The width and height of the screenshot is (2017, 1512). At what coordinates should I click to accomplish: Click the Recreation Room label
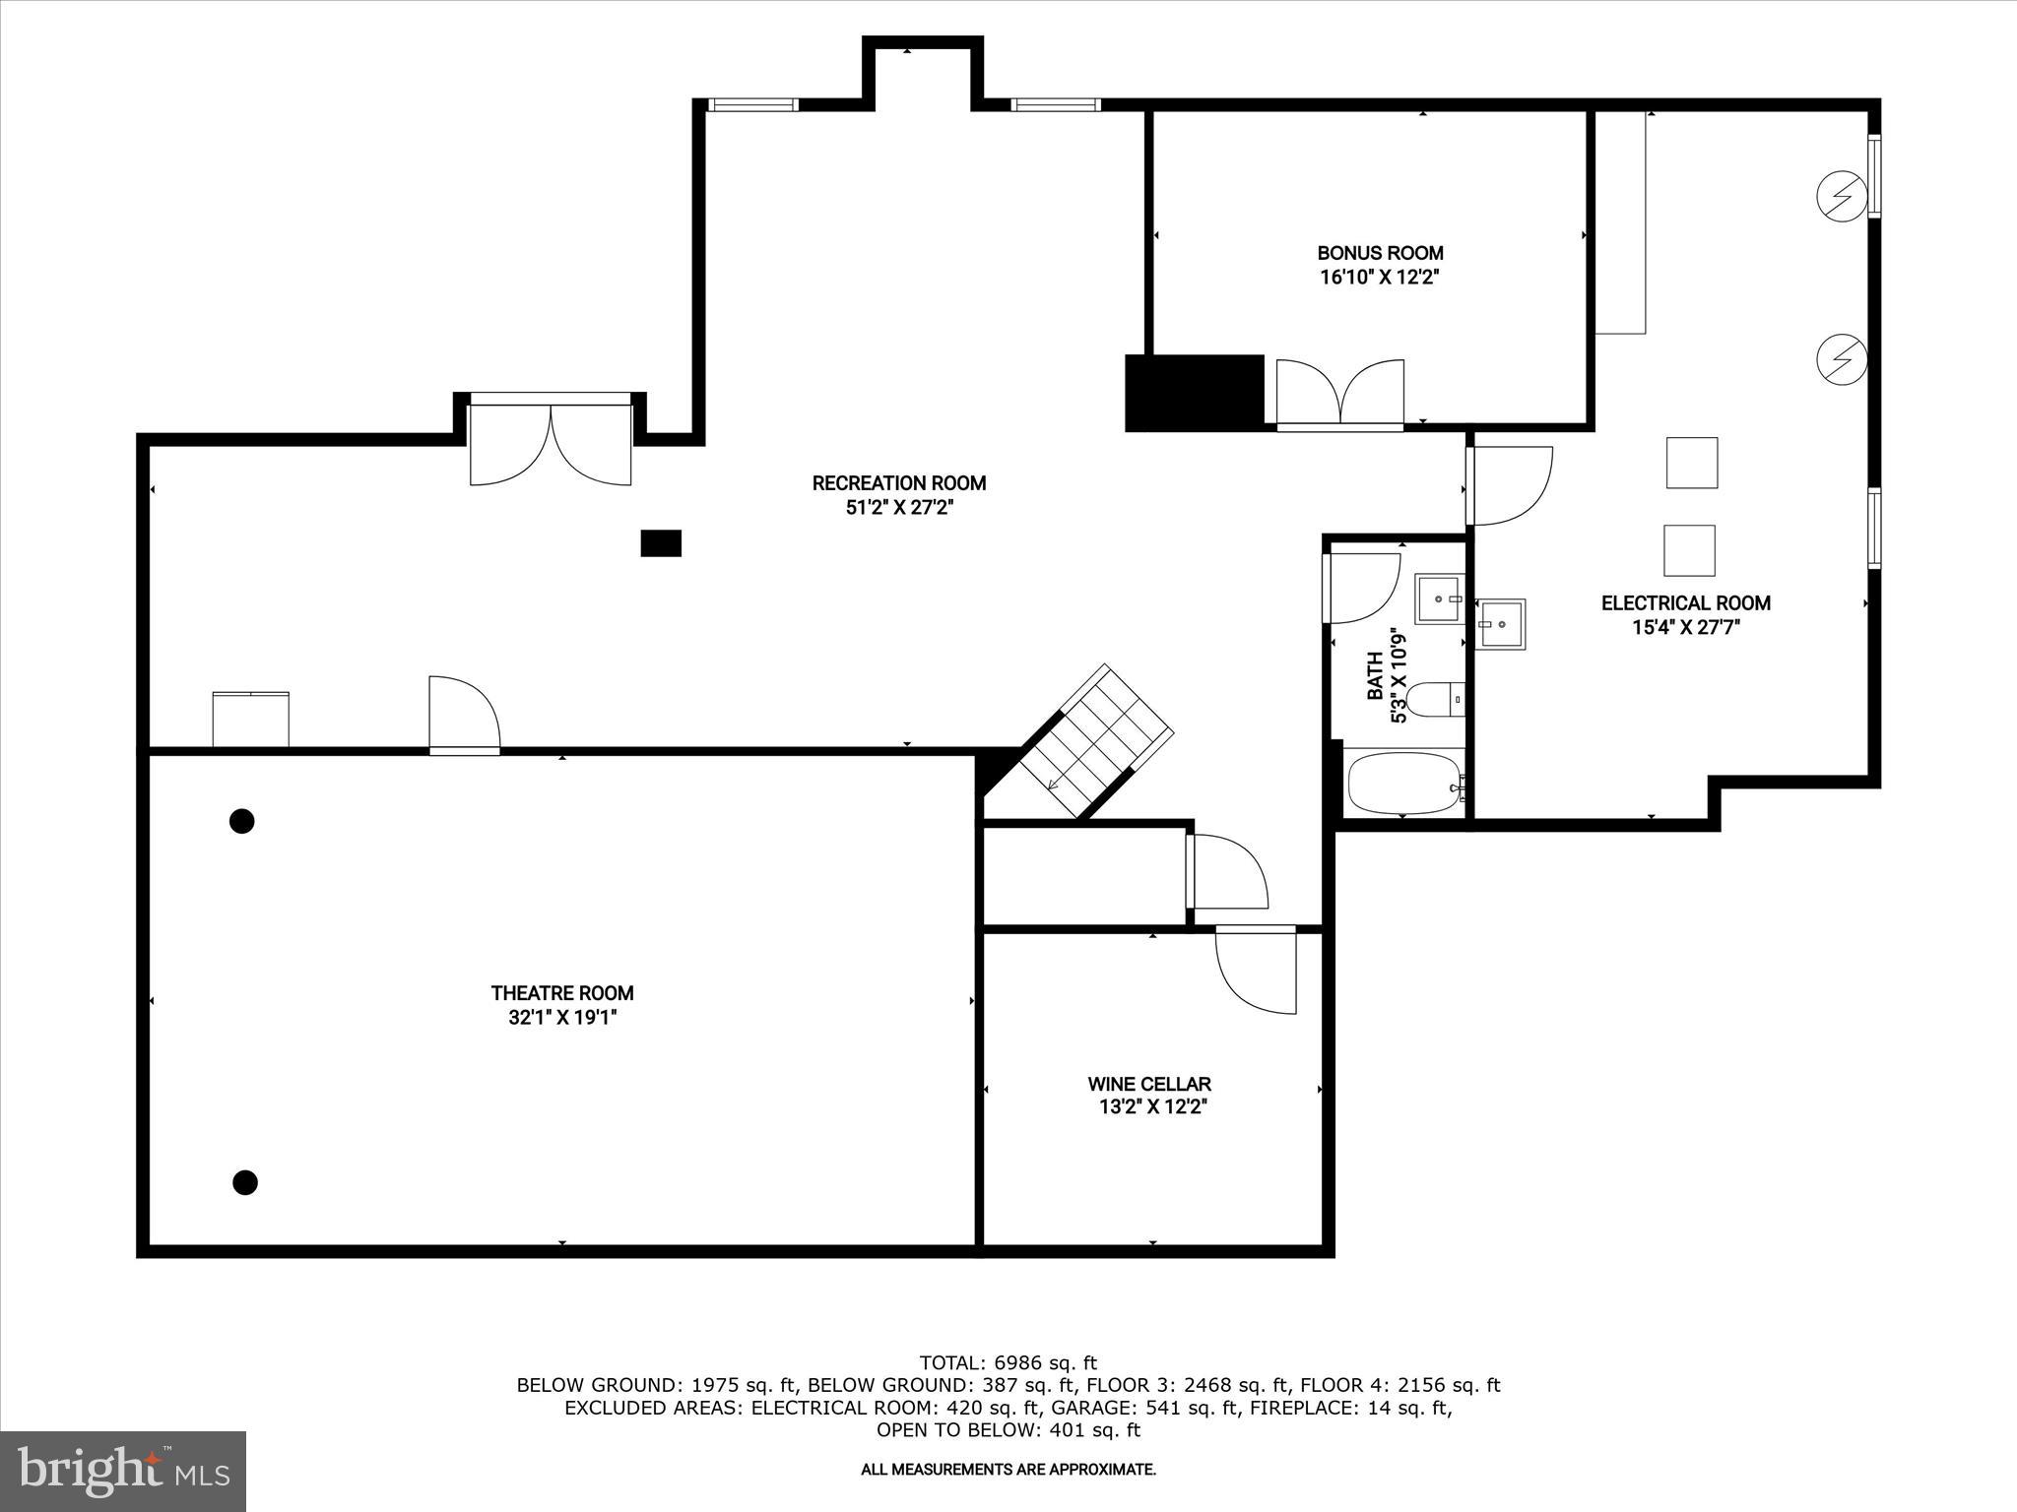click(x=898, y=483)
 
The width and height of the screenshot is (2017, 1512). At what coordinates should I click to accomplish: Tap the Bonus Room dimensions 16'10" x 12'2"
click(x=1380, y=278)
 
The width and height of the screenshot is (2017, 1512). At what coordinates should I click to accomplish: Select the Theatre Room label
click(x=562, y=993)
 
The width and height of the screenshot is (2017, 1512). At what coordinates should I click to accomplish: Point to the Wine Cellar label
click(x=1149, y=1084)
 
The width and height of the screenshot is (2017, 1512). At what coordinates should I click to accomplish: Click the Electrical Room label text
click(x=1685, y=603)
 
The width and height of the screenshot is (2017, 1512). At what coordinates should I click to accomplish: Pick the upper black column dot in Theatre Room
click(x=242, y=820)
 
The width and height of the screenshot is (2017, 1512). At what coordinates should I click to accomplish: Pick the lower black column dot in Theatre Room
click(x=245, y=1181)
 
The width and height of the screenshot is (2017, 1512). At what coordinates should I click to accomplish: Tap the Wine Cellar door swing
click(x=1256, y=970)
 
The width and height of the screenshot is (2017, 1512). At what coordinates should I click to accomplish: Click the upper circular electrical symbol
click(x=1842, y=196)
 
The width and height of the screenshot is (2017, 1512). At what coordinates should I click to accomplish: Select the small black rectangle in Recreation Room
click(x=661, y=542)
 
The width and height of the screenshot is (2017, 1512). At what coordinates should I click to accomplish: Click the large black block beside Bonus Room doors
click(x=1195, y=393)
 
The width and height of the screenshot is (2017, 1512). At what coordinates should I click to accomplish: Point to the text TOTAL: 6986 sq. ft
click(x=1008, y=1362)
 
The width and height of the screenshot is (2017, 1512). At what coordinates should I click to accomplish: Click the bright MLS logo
click(x=123, y=1471)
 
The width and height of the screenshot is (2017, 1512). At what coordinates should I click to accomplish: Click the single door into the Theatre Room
click(x=465, y=716)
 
